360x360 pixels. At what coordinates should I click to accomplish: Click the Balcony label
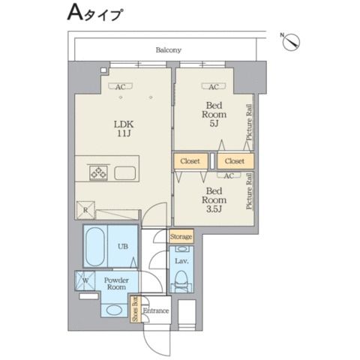(x=168, y=49)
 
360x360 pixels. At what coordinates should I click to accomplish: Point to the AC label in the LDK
(x=120, y=87)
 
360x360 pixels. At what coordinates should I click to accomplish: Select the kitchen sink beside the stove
(x=124, y=173)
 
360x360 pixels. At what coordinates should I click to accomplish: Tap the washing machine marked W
(x=84, y=282)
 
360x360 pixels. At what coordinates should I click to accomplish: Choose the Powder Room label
(x=117, y=283)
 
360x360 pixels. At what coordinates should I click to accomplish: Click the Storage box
(x=181, y=237)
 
